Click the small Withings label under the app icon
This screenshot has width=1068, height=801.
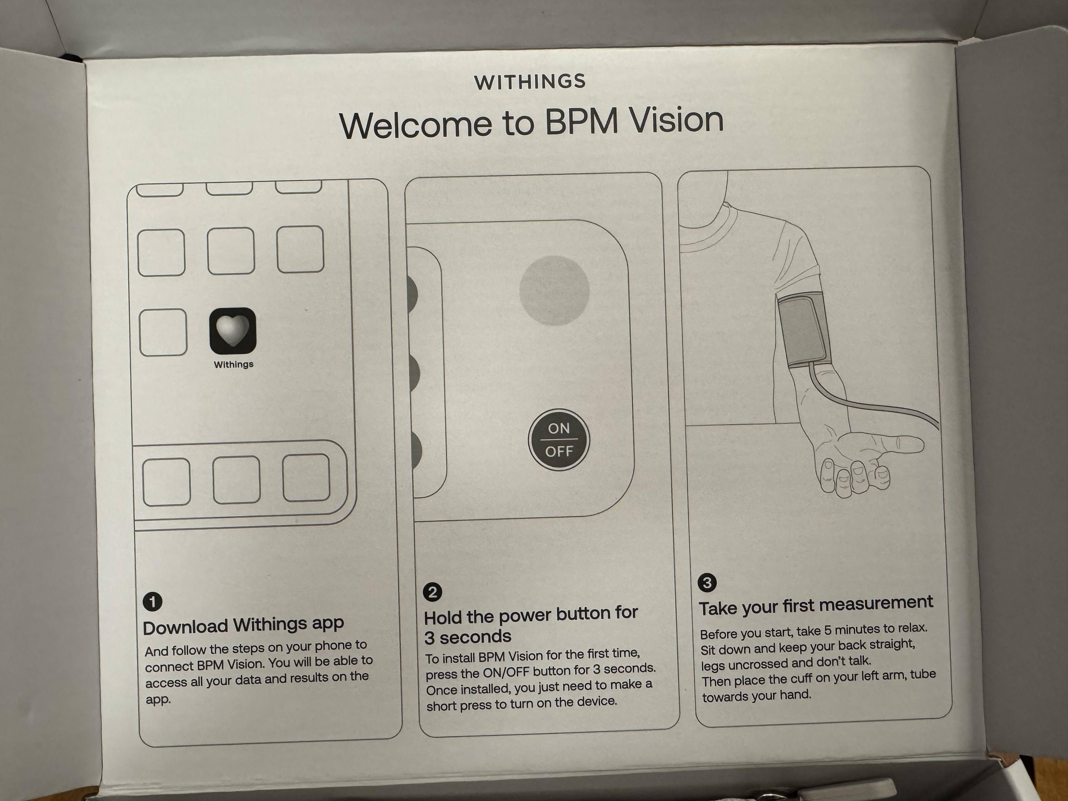click(x=234, y=365)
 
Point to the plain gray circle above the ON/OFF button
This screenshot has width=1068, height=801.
click(x=554, y=290)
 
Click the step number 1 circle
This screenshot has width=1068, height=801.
click(x=153, y=602)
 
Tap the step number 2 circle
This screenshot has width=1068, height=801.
click(x=432, y=592)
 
